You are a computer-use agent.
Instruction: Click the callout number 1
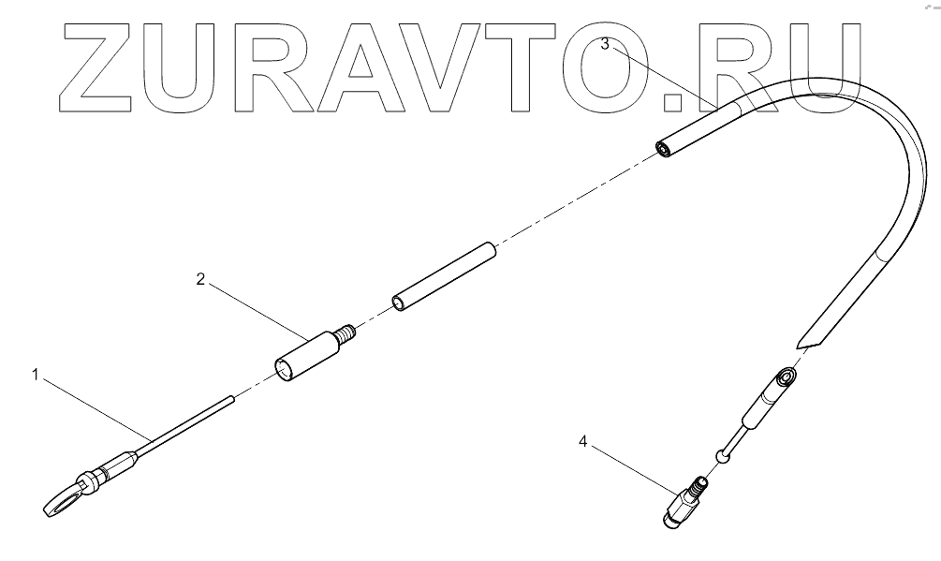tap(35, 376)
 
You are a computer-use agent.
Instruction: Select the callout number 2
tap(199, 278)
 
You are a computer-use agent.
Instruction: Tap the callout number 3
tap(606, 43)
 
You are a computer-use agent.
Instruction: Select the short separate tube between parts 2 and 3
tap(443, 277)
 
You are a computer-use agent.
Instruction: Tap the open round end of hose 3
tap(663, 149)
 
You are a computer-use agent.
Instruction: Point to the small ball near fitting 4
tap(722, 456)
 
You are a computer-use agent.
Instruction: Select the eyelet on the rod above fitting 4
tap(787, 377)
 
